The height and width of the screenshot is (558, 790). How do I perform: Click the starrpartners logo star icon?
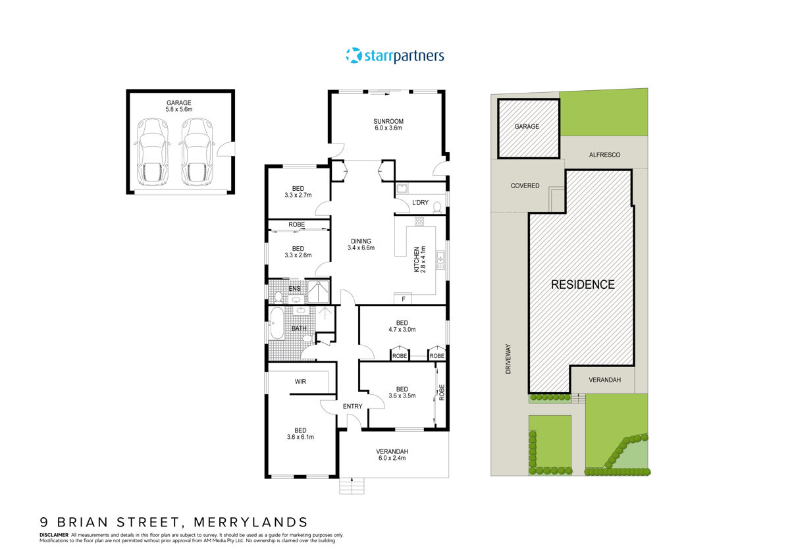354,56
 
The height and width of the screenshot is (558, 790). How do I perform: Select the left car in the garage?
152,152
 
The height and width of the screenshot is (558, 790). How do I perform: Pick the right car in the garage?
197,152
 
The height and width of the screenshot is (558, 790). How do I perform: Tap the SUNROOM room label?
388,121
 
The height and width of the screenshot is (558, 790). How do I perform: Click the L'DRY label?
421,201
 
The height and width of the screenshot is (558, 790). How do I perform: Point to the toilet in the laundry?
436,207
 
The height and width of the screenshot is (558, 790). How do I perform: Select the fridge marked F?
402,299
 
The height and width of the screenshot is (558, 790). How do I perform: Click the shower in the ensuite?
320,292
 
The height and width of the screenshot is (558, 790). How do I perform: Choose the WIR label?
300,381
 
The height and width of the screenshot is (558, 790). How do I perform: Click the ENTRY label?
352,406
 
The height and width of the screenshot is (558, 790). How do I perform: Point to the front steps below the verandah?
352,486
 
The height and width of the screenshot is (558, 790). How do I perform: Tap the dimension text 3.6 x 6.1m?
300,437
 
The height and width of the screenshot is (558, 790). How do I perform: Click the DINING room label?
361,241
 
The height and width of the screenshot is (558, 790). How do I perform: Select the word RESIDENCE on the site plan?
583,285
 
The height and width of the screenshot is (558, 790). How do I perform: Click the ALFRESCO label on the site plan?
603,155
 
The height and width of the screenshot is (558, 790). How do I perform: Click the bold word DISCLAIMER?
54,535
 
